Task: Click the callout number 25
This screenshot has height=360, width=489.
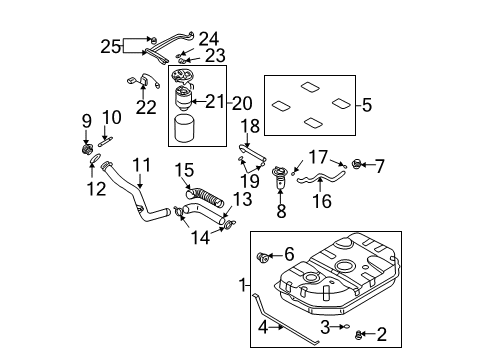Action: pyautogui.click(x=110, y=46)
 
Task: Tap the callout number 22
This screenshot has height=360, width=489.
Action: pyautogui.click(x=146, y=107)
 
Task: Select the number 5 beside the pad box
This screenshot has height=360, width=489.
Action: pyautogui.click(x=367, y=105)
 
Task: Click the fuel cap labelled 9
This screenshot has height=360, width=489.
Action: pyautogui.click(x=87, y=149)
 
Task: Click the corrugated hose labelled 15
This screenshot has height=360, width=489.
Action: pyautogui.click(x=204, y=196)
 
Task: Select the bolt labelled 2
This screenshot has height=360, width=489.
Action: pyautogui.click(x=359, y=335)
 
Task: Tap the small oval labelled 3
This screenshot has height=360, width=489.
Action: pyautogui.click(x=346, y=327)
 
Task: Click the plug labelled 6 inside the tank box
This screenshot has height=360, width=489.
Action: pyautogui.click(x=262, y=257)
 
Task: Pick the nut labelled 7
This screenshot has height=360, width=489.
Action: pyautogui.click(x=356, y=163)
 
